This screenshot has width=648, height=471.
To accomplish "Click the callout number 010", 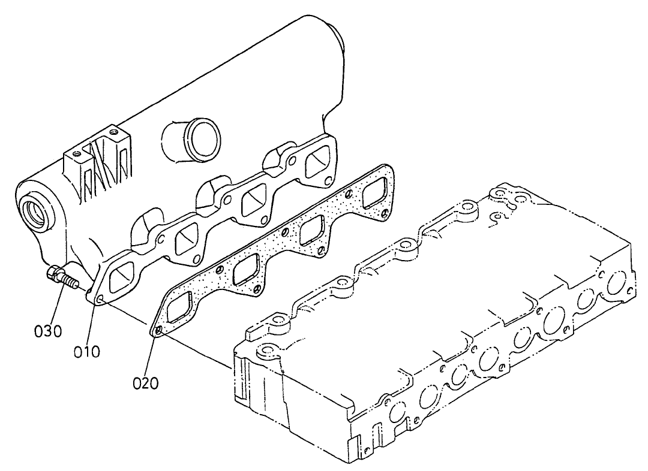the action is (87, 351).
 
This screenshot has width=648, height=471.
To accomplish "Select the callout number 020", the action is (146, 382).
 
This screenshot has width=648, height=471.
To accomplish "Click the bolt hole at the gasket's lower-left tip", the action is (158, 330).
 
